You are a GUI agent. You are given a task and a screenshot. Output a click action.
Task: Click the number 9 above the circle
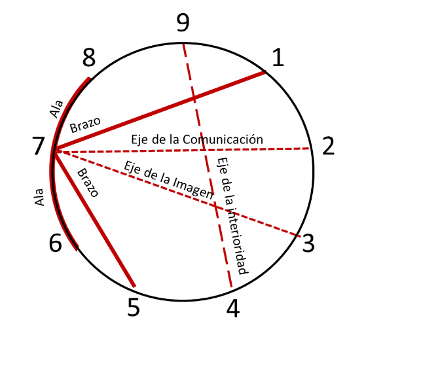click(x=183, y=24)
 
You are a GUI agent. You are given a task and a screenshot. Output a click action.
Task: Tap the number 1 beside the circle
click(x=278, y=59)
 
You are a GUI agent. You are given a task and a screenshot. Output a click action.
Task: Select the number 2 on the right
click(x=328, y=147)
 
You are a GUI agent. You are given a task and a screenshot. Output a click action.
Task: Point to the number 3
click(x=308, y=244)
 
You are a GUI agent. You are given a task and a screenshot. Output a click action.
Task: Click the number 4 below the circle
click(x=233, y=309)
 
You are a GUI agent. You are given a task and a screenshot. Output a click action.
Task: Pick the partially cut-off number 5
click(x=134, y=302)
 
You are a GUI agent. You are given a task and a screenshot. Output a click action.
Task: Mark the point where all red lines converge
click(x=55, y=152)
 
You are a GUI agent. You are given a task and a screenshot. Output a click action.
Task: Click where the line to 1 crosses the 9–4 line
click(x=194, y=98)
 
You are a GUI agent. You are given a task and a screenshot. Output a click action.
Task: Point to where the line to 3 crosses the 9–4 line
click(x=214, y=207)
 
